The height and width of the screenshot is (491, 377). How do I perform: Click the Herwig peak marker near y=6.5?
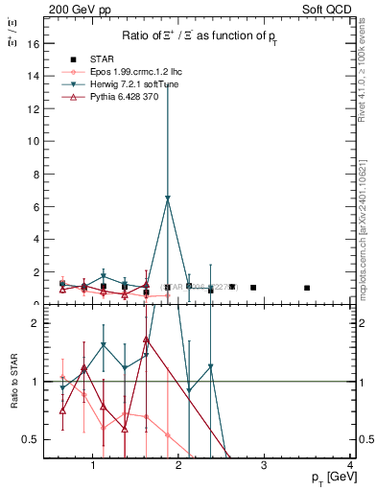168,199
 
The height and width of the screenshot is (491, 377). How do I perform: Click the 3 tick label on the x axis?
265,467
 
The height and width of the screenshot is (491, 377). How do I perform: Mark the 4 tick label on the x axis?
350,467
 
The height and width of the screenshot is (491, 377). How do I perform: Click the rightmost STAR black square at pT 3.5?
307,288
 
